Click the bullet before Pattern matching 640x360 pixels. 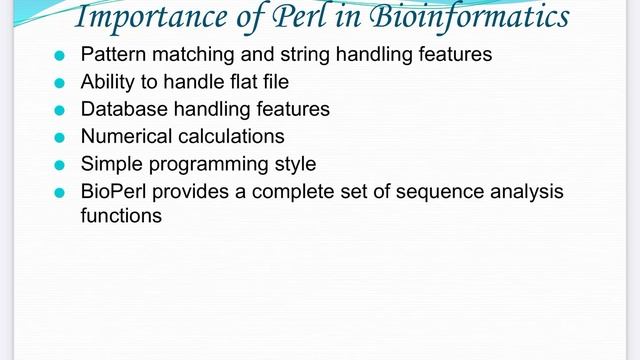[x=59, y=56]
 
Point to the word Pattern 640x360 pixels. [x=110, y=55]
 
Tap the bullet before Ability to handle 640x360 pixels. [x=59, y=83]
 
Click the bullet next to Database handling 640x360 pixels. [x=59, y=110]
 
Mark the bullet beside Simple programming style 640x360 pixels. [x=59, y=164]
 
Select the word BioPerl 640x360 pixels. [x=112, y=190]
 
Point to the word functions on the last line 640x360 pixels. [x=121, y=214]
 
